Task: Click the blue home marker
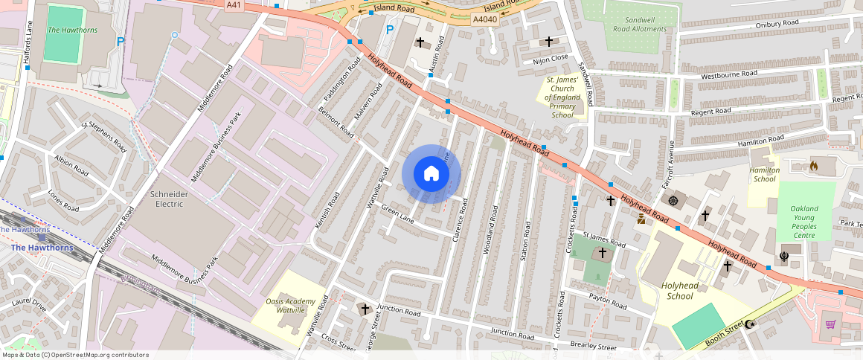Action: coord(431,174)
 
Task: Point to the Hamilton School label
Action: coord(765,174)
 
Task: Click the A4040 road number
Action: coord(484,20)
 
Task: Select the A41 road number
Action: coord(234,4)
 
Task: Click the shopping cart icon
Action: coord(830,324)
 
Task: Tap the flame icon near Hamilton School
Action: coord(813,166)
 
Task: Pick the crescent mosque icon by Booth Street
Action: coord(750,324)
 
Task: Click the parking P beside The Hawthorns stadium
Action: coord(121,42)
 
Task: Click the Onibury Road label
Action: coord(777,24)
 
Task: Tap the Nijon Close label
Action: coord(551,57)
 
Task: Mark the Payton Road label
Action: coord(607,301)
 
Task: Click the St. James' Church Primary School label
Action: coord(562,97)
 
